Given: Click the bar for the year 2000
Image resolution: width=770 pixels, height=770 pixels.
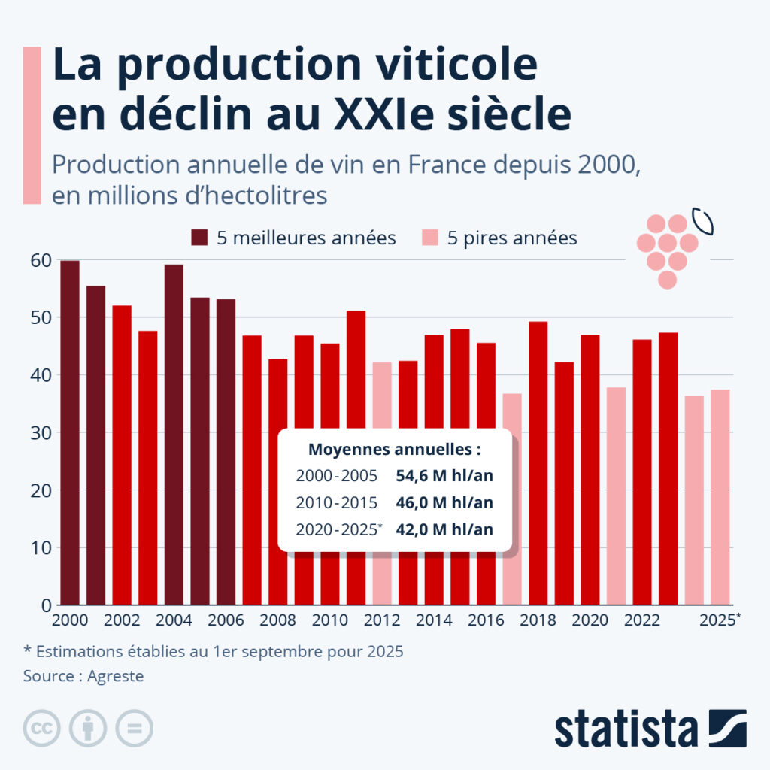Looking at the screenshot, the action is pos(70,432).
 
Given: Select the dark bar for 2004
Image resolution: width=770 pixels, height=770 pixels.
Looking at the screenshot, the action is pos(174,435).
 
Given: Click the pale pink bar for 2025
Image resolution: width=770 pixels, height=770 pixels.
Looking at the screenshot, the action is pos(720,497).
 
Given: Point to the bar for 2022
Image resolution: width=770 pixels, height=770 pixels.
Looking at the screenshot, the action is pos(642,472).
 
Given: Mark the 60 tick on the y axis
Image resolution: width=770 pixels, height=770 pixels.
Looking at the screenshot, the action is pos(41,260).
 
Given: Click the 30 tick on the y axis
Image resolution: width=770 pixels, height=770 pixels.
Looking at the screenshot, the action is pos(41,433).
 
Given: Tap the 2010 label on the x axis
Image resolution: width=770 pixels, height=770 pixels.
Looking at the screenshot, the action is pos(330,620).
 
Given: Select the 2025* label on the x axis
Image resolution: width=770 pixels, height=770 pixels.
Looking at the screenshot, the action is pos(720,620).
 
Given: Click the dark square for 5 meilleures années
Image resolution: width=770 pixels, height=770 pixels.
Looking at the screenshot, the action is pos(199,238).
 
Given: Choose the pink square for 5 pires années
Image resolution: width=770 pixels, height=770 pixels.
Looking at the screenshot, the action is pos(430,238).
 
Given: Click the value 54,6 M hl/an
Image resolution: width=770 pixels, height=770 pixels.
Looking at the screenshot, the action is pos(444,476).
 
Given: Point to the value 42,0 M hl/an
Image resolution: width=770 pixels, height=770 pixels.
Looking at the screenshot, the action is pos(444,529).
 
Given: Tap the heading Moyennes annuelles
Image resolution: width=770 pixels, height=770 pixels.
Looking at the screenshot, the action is pos(395,450).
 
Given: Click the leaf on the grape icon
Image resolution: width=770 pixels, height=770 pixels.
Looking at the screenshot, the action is pos(703,222).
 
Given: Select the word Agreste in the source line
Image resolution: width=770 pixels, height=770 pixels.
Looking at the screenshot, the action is pos(115,676).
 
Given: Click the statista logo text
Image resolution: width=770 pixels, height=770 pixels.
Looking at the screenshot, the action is pos(626,729).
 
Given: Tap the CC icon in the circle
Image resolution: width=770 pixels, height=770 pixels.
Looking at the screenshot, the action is pos(42,728).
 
